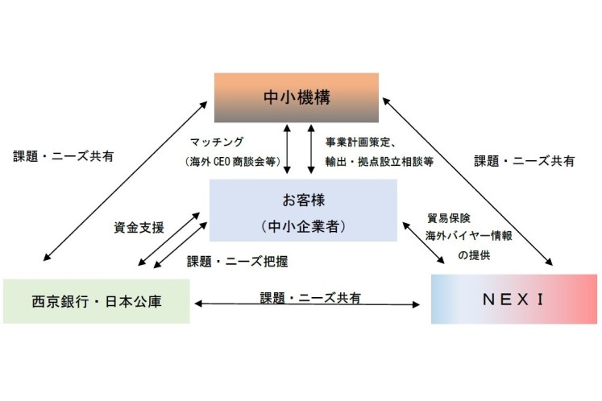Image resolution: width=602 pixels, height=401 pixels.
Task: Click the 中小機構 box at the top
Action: click(296, 97)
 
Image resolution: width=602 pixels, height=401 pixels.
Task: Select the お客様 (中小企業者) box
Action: click(303, 209)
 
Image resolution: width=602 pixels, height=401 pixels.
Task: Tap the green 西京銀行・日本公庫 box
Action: click(96, 301)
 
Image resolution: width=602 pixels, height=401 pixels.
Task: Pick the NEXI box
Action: click(513, 299)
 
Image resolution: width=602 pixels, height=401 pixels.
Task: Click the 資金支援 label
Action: click(139, 228)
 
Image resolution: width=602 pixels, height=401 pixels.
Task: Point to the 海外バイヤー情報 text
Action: click(463, 236)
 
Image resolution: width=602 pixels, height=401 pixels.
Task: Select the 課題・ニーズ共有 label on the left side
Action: click(63, 156)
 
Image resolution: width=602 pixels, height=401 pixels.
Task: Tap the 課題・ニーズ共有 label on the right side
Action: click(524, 160)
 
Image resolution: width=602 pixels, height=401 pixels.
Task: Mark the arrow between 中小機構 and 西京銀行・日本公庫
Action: click(125, 178)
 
